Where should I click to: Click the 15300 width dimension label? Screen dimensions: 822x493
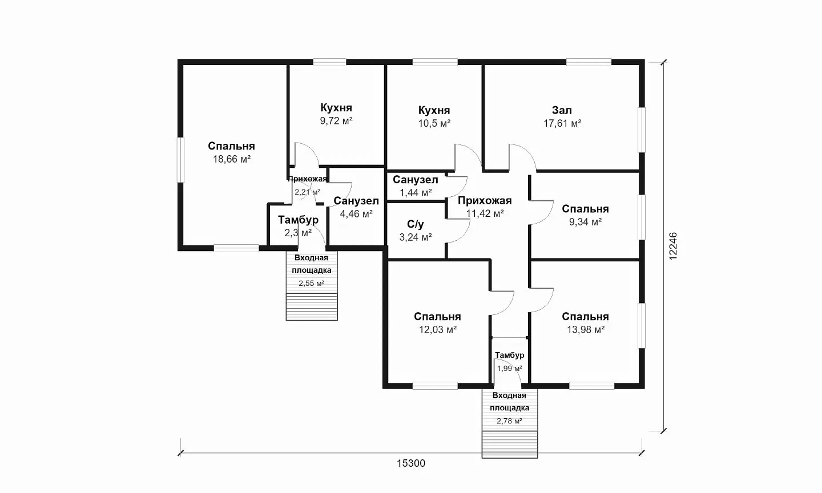(x=411, y=463)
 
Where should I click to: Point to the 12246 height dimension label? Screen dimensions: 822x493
(x=673, y=246)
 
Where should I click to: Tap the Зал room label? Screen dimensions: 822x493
(x=562, y=110)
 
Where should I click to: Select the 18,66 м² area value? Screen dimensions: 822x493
(x=232, y=159)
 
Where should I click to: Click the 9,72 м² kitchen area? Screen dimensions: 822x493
(x=337, y=121)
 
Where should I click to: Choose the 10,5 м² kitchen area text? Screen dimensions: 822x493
(x=434, y=123)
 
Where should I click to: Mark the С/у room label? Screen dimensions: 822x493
(x=416, y=224)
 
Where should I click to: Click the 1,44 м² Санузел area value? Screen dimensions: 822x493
(x=416, y=193)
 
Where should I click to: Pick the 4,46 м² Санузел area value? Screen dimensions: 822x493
(x=356, y=214)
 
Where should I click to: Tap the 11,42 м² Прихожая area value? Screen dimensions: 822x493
(x=485, y=213)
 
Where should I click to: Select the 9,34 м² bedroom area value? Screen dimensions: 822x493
(x=585, y=222)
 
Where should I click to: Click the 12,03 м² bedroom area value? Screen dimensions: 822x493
(x=438, y=330)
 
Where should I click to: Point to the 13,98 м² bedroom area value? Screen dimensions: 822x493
(x=586, y=330)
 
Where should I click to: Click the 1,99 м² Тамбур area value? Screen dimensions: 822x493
(x=510, y=368)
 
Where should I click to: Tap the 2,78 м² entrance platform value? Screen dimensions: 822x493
(x=509, y=421)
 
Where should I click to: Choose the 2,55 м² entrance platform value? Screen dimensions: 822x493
(x=311, y=283)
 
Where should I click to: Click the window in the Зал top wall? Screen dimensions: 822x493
(x=589, y=62)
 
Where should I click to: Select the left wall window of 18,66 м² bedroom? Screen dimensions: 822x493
(x=180, y=160)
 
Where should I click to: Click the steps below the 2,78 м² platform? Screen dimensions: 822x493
(x=510, y=444)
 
